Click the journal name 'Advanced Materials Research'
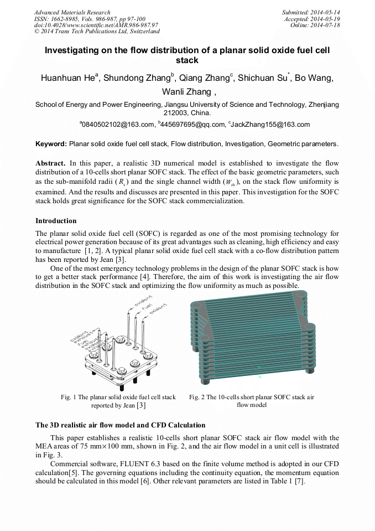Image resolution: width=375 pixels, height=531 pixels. pos(72,12)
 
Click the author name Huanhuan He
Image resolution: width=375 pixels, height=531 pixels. pos(67,78)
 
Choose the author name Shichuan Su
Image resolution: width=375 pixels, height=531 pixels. pos(261,78)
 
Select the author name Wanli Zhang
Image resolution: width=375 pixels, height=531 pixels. pos(186,92)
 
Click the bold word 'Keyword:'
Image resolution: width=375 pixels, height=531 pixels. pos(51,144)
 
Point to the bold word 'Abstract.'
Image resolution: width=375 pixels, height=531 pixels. pos(51,163)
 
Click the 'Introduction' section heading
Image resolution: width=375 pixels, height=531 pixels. pos(56,221)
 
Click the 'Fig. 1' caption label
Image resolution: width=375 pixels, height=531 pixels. pos(69,397)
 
